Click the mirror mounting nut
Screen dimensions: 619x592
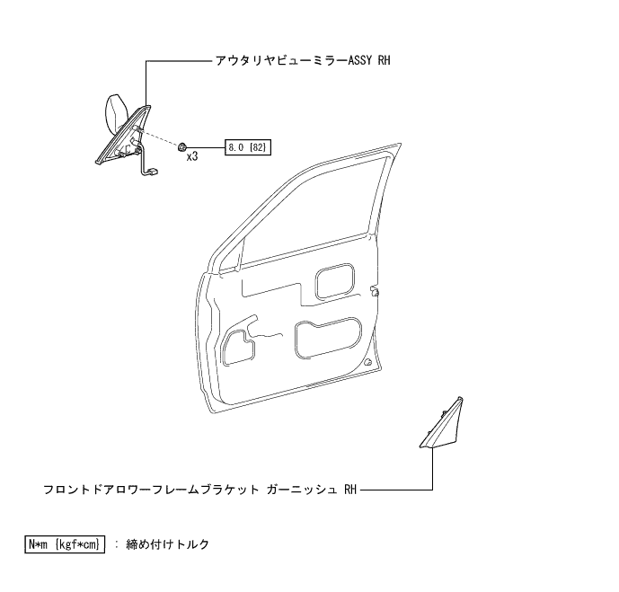(x=182, y=146)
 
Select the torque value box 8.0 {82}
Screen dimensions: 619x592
(x=248, y=146)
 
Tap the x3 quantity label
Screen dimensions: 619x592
(x=192, y=157)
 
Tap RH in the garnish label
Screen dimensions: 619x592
(x=350, y=490)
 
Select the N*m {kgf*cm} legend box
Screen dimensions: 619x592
(x=66, y=544)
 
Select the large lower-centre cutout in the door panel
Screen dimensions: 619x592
(x=327, y=338)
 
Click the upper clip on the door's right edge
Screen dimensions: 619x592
(x=374, y=290)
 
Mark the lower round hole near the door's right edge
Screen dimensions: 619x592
(x=369, y=362)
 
